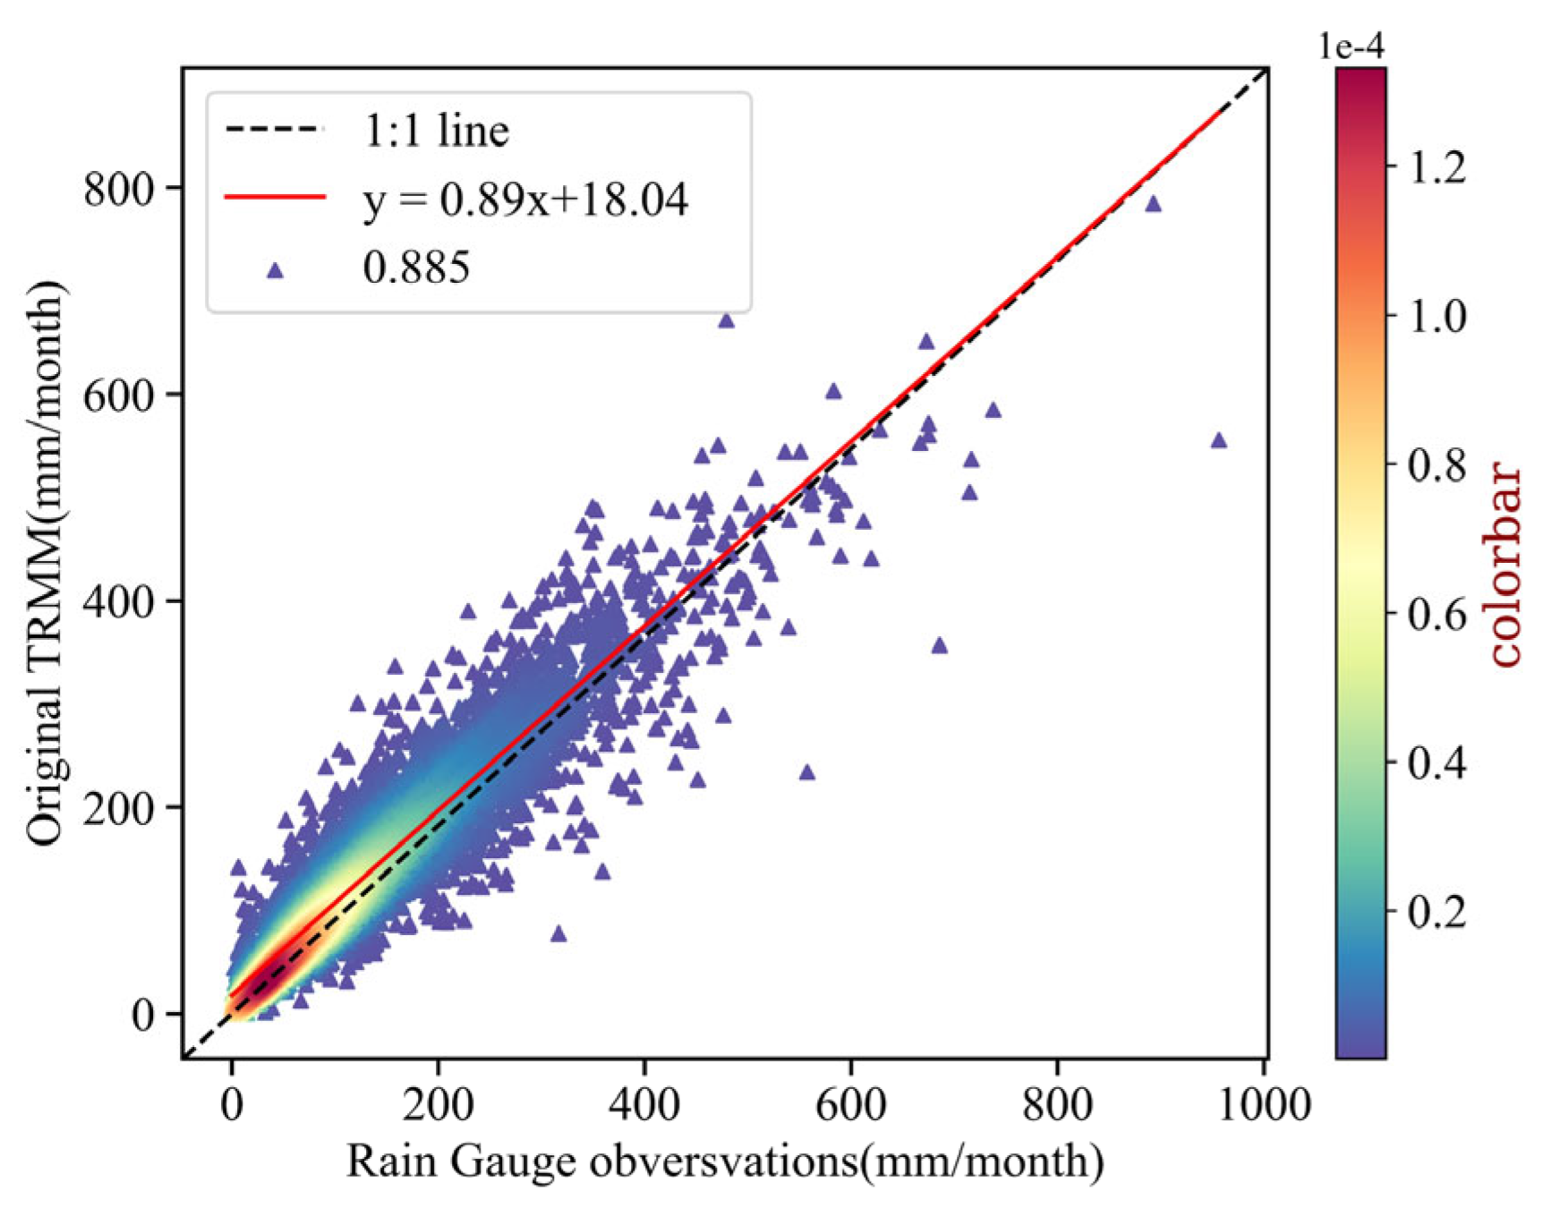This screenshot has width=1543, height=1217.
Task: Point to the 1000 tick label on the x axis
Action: tap(1263, 1104)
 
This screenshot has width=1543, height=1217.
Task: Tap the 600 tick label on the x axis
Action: tap(850, 1104)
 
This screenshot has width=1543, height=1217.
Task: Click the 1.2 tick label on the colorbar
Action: tap(1437, 167)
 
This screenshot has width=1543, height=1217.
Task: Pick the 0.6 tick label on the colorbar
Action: tap(1437, 614)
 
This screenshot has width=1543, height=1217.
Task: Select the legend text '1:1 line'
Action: tap(436, 131)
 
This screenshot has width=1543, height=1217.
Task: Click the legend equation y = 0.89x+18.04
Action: tap(525, 199)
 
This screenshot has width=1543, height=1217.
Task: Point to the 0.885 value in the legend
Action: tap(416, 267)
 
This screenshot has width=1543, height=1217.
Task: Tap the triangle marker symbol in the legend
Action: tap(276, 270)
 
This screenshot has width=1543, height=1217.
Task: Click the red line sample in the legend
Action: tap(275, 196)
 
